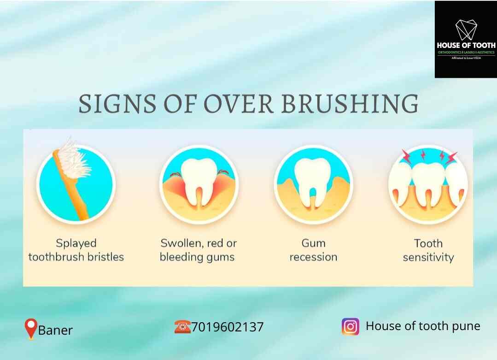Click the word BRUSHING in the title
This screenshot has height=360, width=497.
[350, 104]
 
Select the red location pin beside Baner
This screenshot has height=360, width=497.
[30, 329]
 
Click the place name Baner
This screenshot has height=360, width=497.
[55, 330]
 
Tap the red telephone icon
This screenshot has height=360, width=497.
[182, 327]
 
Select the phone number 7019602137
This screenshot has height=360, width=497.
[228, 327]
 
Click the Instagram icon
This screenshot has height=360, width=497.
[350, 326]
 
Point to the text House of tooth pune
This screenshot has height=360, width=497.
[423, 326]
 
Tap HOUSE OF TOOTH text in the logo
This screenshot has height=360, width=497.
[466, 45]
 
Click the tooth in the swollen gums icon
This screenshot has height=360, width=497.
[199, 180]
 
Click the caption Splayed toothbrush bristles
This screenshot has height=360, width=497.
[76, 250]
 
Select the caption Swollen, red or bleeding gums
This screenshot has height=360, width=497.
[198, 250]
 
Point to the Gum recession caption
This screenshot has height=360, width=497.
[313, 250]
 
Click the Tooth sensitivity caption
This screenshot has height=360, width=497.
[428, 250]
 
